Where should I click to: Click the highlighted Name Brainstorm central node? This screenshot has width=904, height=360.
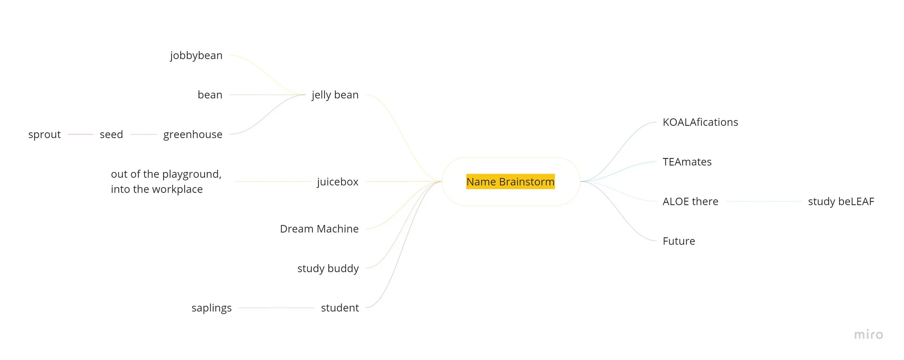(510, 181)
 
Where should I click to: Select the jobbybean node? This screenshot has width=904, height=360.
(196, 55)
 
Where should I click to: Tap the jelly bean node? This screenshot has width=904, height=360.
(335, 95)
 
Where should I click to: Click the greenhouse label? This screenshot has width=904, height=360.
(193, 134)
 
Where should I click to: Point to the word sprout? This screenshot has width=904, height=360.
(44, 134)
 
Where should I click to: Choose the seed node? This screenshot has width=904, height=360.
(111, 134)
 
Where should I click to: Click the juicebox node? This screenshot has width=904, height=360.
(338, 181)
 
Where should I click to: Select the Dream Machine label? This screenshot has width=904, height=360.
(319, 229)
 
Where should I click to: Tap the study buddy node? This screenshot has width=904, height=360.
(328, 268)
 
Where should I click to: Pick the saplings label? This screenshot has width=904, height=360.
(212, 308)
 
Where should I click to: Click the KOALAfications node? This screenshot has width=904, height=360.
(700, 122)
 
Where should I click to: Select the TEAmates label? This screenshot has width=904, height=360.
(687, 162)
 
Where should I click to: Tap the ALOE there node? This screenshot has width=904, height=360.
(690, 201)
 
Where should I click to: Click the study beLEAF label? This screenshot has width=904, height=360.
(841, 201)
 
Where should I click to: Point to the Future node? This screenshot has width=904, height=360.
(679, 241)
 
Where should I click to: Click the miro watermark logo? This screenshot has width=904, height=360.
(869, 335)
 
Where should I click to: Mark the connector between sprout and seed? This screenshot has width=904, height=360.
(81, 134)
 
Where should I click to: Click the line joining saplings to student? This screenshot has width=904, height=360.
(277, 308)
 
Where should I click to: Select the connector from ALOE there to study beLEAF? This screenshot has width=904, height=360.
(764, 201)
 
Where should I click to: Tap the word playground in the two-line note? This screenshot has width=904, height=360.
(192, 175)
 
